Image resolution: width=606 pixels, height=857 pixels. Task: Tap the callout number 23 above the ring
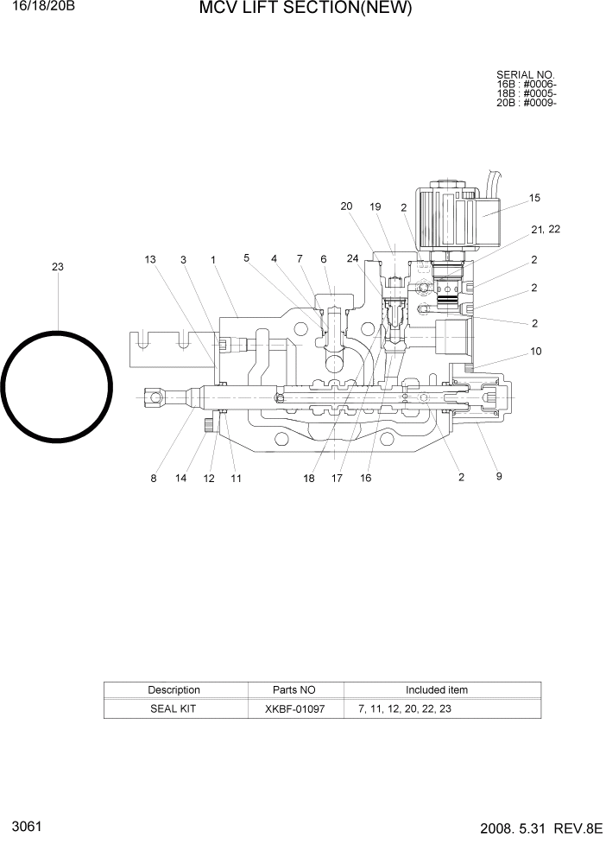pyautogui.click(x=58, y=267)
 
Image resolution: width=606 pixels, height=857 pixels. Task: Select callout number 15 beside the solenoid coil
pyautogui.click(x=534, y=198)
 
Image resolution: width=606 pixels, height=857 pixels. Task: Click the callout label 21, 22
pyautogui.click(x=546, y=229)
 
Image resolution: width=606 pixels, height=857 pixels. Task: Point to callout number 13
pyautogui.click(x=150, y=259)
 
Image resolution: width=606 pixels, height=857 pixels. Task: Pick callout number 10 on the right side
pyautogui.click(x=535, y=351)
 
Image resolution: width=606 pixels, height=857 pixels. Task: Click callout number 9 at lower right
pyautogui.click(x=499, y=476)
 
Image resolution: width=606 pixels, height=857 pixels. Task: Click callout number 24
pyautogui.click(x=352, y=258)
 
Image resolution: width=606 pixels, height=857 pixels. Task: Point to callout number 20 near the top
pyautogui.click(x=346, y=206)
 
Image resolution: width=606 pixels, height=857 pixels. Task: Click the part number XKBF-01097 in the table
pyautogui.click(x=295, y=708)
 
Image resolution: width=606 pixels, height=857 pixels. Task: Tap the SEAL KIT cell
pyautogui.click(x=174, y=708)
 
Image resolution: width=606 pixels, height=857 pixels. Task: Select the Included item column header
pyautogui.click(x=437, y=690)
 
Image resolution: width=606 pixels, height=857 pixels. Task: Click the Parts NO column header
pyautogui.click(x=294, y=690)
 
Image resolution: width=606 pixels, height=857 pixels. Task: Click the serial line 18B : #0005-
pyautogui.click(x=526, y=93)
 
